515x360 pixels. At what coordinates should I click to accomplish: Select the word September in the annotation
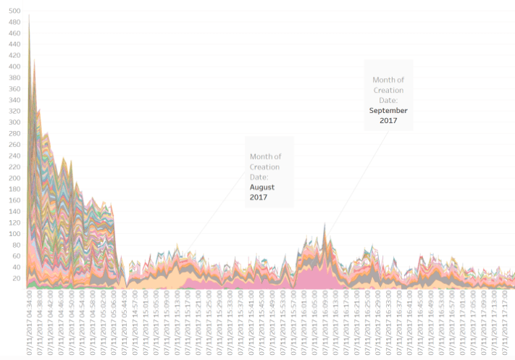[x=388, y=111]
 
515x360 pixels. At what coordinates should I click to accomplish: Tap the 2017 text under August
[x=259, y=197]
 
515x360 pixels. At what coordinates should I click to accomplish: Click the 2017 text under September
[x=388, y=121]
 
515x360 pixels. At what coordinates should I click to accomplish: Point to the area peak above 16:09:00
[x=325, y=226]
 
